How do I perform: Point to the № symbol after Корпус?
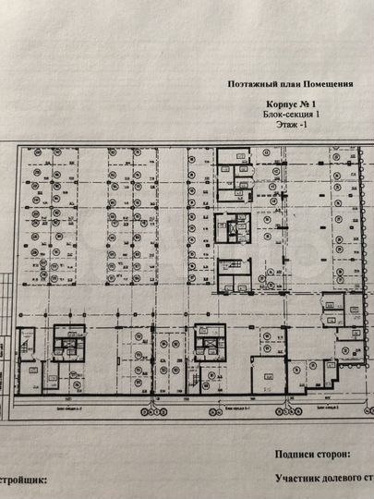pos(304,105)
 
